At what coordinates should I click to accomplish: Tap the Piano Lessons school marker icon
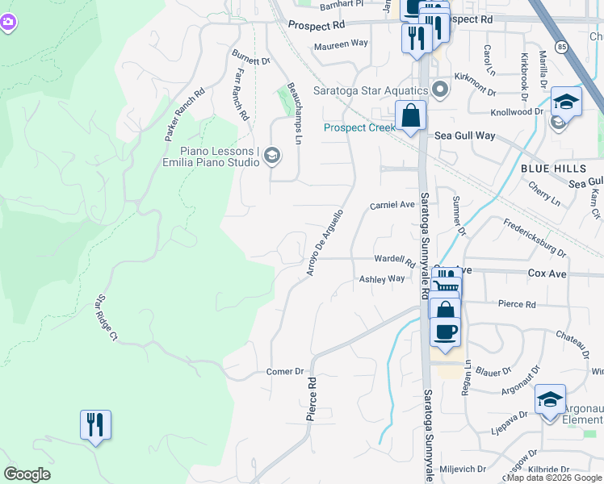272,156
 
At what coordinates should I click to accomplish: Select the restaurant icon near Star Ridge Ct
95,424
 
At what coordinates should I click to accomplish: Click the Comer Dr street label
284,372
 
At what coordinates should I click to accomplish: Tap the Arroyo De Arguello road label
325,242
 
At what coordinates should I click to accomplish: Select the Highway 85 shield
561,45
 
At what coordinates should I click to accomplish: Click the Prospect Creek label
358,127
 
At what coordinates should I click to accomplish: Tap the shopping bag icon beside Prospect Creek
411,116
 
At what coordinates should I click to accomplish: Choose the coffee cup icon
444,332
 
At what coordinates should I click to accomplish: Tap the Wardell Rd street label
394,261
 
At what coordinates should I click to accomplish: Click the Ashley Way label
381,278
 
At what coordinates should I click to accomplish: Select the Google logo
27,474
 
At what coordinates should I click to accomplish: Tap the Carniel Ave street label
392,205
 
